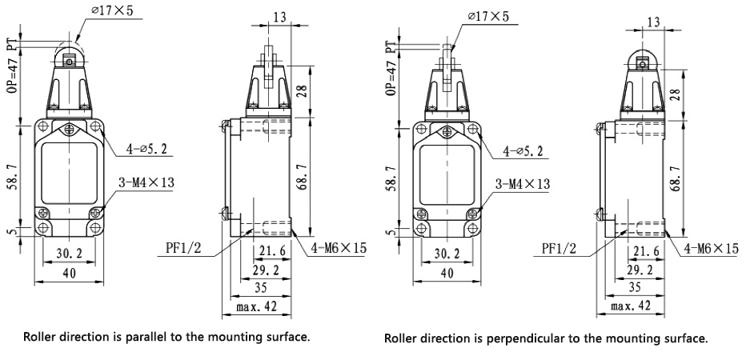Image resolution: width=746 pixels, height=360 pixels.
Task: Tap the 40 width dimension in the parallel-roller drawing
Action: point(69,273)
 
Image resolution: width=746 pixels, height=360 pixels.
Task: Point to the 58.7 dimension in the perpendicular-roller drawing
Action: point(390,182)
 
